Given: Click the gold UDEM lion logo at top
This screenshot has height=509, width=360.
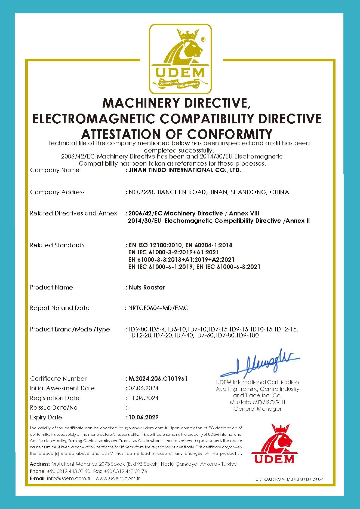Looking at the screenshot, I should [x=180, y=59].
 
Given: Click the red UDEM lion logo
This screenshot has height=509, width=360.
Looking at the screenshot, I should [x=274, y=444].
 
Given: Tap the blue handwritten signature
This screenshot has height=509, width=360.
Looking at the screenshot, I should [x=260, y=363].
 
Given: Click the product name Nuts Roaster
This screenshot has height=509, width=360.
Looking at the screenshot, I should [x=147, y=287].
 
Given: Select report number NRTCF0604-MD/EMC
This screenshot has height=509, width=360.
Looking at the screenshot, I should [x=158, y=308].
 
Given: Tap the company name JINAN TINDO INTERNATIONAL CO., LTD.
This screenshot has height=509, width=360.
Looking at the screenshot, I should [x=185, y=170].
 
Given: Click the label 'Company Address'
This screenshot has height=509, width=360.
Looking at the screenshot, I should [x=57, y=192].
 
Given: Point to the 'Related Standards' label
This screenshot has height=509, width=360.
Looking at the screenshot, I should [x=57, y=245].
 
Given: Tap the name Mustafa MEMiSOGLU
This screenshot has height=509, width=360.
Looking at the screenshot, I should [x=257, y=402].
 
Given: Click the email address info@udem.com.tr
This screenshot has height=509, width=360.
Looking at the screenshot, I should [x=69, y=478].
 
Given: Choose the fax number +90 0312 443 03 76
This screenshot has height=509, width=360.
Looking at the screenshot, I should [x=125, y=471].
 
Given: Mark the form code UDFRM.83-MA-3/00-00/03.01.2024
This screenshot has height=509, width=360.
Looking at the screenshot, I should [x=290, y=480].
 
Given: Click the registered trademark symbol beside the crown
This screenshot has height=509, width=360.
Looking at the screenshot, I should [x=203, y=39].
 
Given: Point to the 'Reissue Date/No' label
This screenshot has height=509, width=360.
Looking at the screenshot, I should [x=54, y=407].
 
